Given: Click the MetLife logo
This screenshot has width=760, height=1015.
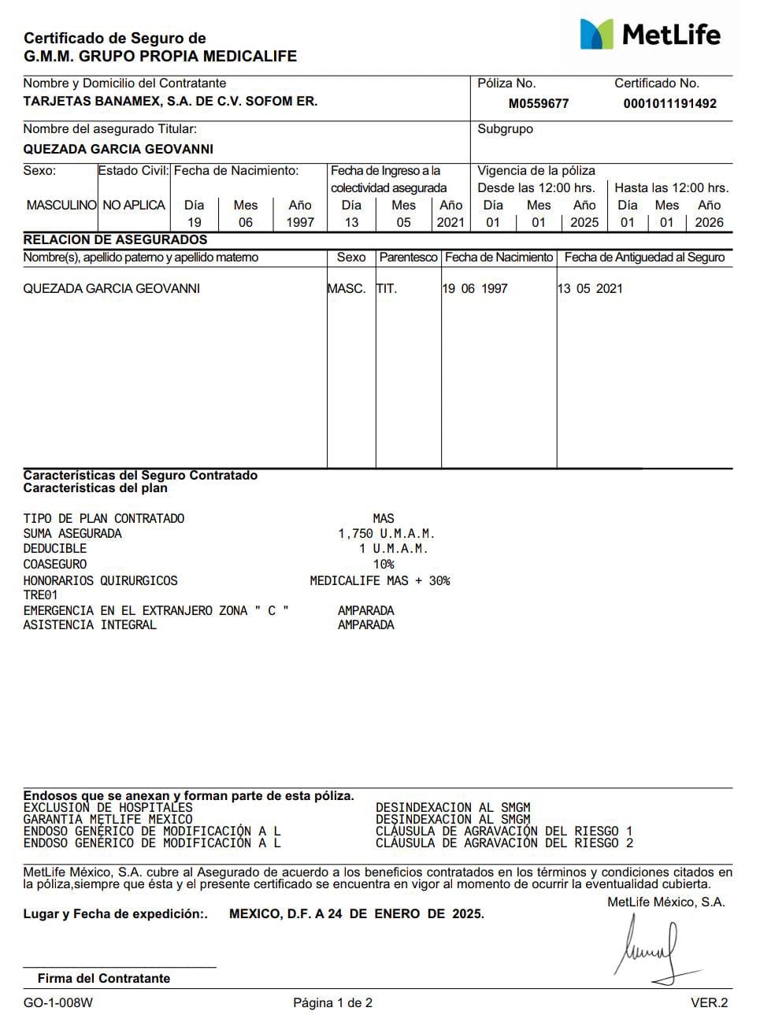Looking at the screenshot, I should [651, 34].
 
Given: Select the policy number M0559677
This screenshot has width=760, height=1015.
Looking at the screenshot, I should [539, 103].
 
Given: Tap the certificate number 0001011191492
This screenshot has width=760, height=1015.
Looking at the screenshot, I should [669, 103].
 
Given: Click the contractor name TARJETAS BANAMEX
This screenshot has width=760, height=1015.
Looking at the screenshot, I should [170, 102].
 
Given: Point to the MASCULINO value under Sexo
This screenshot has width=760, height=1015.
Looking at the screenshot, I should [61, 205].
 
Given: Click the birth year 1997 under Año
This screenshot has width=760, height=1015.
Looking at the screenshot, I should [299, 222].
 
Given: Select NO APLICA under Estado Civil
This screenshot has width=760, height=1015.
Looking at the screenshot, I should [134, 205].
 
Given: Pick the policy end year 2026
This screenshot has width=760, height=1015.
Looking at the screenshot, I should [709, 222].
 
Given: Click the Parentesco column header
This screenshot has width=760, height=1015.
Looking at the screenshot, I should [408, 257].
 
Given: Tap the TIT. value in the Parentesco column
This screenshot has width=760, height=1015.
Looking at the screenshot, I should [387, 288].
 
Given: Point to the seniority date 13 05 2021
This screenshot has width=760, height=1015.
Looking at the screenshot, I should [590, 288].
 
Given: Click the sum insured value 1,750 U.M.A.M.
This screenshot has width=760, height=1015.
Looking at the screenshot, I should [387, 534].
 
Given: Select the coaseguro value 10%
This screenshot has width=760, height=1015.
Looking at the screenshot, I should [384, 565].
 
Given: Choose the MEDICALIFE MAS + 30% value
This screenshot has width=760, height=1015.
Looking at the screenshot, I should [380, 580].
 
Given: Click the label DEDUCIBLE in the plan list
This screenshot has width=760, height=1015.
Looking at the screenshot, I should [55, 549].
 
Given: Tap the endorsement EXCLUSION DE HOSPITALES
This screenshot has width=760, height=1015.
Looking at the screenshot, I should [108, 808].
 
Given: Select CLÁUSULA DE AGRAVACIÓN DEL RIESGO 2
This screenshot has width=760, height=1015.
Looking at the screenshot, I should [504, 843].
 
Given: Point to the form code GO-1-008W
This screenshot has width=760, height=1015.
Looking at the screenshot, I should [57, 1002].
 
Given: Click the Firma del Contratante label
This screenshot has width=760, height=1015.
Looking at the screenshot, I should [104, 978].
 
